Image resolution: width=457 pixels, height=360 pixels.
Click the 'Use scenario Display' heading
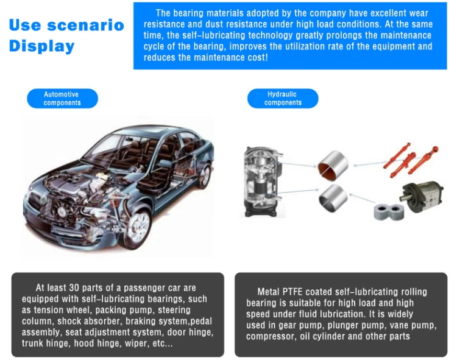[x=66, y=35]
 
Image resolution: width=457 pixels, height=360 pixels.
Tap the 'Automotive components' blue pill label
[x=62, y=99]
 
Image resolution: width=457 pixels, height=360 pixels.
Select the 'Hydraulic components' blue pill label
[x=283, y=99]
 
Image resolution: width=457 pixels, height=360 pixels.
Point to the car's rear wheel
[x=205, y=175]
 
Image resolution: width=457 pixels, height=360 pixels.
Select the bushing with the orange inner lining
[x=333, y=165]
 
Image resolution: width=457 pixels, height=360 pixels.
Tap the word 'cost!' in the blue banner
[x=257, y=57]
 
